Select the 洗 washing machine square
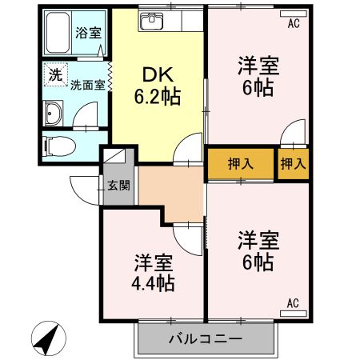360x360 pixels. (x=54, y=74)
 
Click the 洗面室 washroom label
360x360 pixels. (x=87, y=85)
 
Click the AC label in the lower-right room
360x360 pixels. (x=293, y=303)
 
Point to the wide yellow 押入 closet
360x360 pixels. (x=241, y=164)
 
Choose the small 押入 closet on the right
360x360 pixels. (x=292, y=164)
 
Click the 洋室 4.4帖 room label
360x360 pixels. (x=154, y=272)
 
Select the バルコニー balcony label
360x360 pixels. (x=205, y=339)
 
